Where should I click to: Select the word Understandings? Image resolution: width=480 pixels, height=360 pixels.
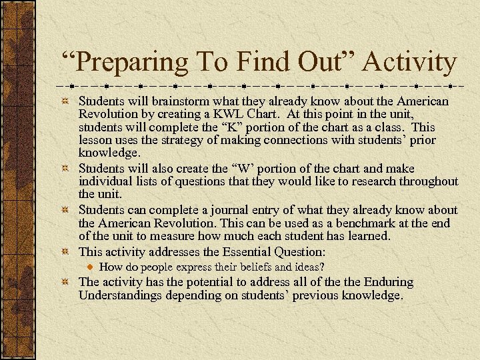tap(120, 295)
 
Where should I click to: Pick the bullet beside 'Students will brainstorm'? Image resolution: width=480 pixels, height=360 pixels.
tap(64, 102)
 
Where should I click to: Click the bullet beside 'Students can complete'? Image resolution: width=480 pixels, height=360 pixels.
tap(64, 211)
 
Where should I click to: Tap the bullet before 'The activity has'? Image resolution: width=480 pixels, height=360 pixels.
tap(64, 282)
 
